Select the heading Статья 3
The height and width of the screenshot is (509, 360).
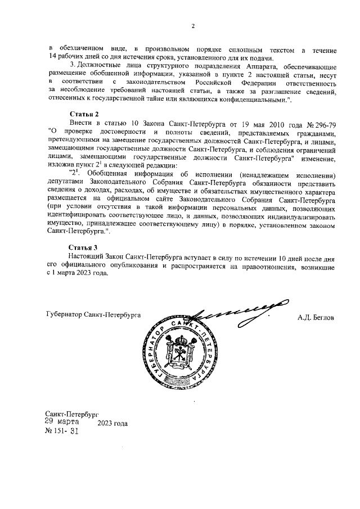(83, 247)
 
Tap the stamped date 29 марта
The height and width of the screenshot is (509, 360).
(62, 421)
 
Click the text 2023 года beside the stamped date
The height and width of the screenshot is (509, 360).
(112, 424)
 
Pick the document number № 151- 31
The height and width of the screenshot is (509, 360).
(62, 432)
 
